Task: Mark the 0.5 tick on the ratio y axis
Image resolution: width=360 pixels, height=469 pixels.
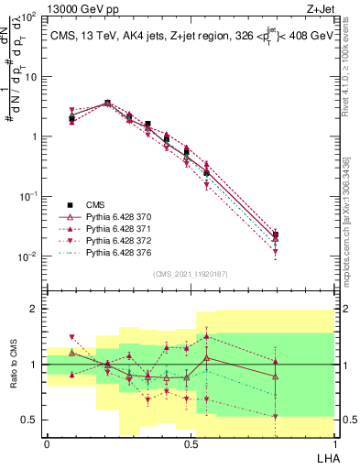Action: click(30, 420)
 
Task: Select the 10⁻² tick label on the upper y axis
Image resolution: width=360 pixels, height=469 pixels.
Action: click(29, 256)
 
